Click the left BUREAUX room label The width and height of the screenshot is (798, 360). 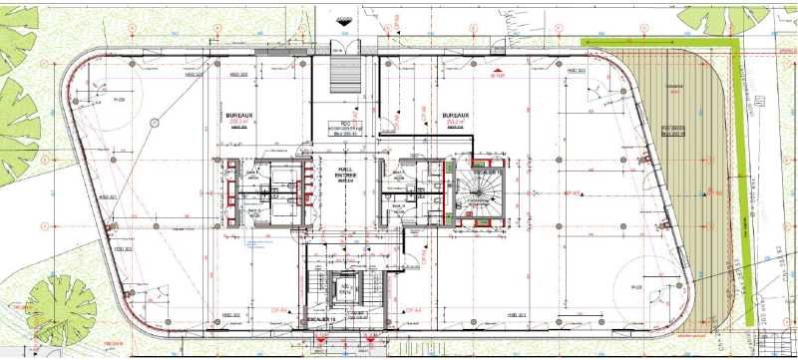pyautogui.click(x=238, y=117)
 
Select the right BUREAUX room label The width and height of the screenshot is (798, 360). pyautogui.click(x=456, y=117)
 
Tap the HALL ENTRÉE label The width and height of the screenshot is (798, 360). pyautogui.click(x=347, y=174)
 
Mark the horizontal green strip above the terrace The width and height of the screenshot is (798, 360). pyautogui.click(x=658, y=42)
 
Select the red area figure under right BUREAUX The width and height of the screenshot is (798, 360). pyautogui.click(x=455, y=123)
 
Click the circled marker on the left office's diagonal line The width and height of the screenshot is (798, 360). pyautogui.click(x=155, y=123)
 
